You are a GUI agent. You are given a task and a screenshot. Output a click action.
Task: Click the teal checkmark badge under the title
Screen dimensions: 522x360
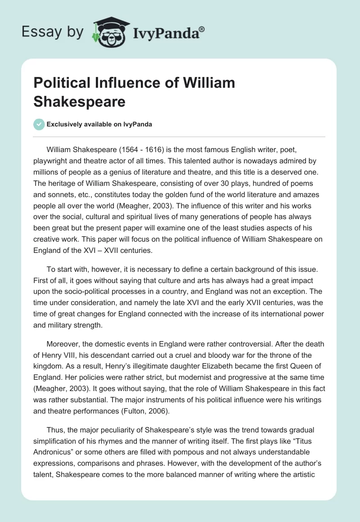pos(39,124)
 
